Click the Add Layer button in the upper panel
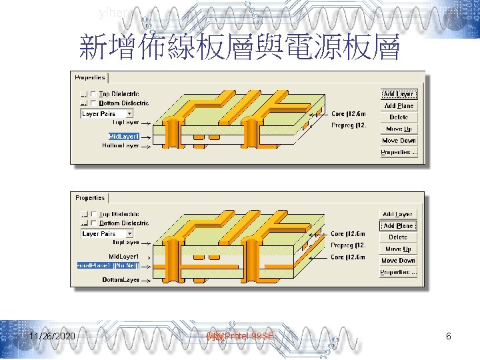coord(399,94)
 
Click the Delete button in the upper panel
coord(399,117)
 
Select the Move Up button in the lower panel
coord(399,249)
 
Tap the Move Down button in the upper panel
coord(399,141)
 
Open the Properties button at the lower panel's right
coord(399,272)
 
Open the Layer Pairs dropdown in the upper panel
coord(107,113)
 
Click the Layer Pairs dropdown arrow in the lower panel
coord(129,234)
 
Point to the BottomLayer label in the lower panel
coord(121,280)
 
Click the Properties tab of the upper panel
coord(90,77)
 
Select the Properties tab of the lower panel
coord(90,198)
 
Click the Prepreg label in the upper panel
coord(349,125)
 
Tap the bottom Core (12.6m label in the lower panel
coord(348,257)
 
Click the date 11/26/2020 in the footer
coord(52,337)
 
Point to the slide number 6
coord(449,337)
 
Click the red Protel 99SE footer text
coord(240,337)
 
